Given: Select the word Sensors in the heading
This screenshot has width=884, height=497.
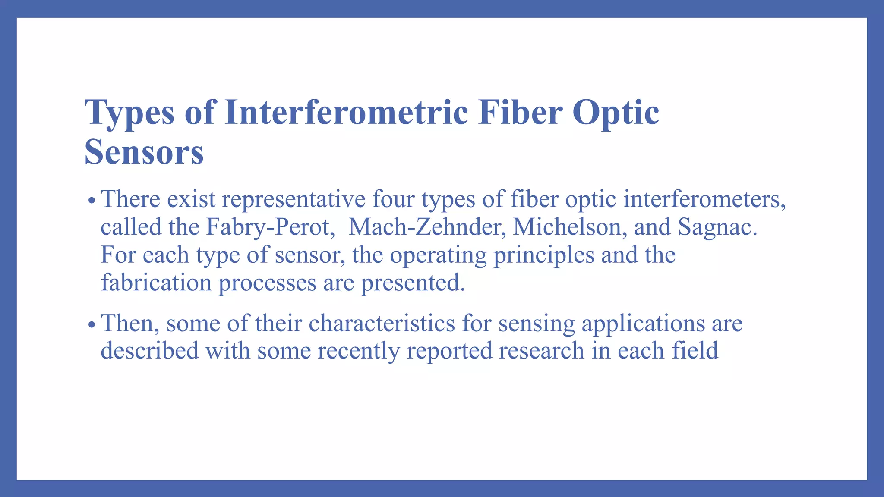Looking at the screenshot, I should pos(144,152).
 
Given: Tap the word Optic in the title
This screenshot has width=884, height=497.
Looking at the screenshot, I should pos(616,112).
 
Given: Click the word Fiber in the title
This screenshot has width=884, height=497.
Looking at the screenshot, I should pos(520,112).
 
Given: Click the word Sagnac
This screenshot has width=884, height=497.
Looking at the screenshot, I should pos(717,227).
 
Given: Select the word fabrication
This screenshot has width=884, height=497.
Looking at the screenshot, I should pos(156,283).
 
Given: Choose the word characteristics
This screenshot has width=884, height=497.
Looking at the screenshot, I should pos(382,323).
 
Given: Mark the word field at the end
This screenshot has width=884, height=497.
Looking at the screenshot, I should pos(695,350).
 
